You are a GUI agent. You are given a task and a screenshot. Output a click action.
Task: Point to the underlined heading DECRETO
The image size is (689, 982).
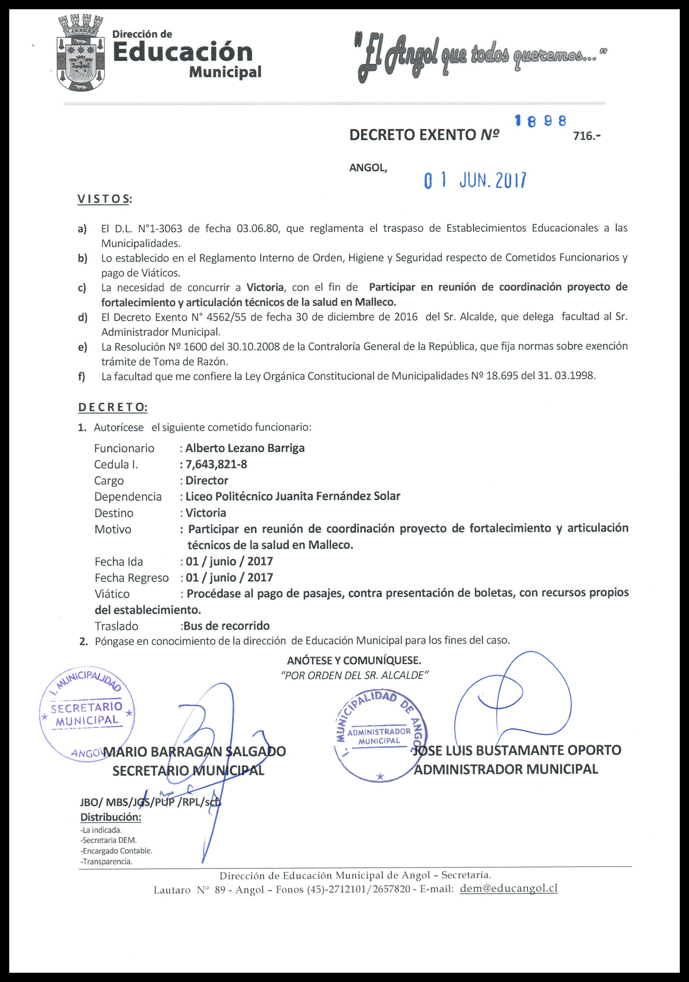tap(112, 407)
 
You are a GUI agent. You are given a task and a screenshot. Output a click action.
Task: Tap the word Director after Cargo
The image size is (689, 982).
tap(207, 480)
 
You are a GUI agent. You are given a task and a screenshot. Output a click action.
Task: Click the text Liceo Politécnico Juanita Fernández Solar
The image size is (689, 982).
tap(293, 496)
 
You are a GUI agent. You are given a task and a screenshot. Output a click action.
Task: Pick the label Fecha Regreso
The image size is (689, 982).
tap(132, 577)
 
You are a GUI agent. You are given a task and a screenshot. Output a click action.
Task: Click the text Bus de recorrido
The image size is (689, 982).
tap(227, 626)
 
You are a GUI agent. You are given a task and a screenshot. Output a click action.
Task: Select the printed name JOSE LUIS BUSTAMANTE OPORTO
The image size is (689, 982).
tap(517, 750)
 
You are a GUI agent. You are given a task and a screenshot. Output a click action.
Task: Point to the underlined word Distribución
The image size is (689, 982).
tap(111, 817)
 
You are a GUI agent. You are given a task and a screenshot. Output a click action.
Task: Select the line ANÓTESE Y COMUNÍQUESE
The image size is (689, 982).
tap(354, 660)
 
